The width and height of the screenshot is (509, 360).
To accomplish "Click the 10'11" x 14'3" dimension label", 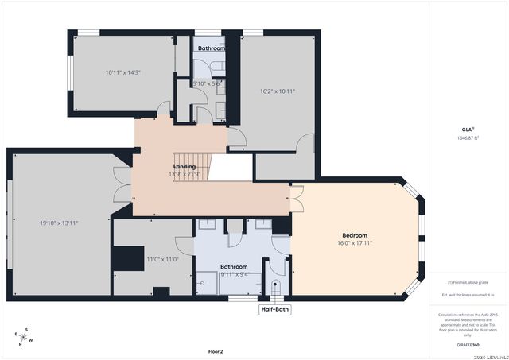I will (x=122, y=72).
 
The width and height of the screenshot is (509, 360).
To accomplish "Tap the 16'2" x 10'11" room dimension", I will (x=277, y=91).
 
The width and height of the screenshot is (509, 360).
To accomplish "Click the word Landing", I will (x=185, y=166).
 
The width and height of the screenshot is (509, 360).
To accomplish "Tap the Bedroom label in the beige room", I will (x=355, y=235).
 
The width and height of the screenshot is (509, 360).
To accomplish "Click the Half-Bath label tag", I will (x=276, y=309).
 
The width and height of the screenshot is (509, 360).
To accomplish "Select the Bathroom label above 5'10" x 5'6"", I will (x=212, y=48).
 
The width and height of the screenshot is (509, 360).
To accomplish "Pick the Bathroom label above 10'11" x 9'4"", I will (x=234, y=266).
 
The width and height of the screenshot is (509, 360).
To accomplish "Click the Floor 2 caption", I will (x=216, y=350).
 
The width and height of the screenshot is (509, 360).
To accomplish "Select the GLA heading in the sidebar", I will (x=467, y=129).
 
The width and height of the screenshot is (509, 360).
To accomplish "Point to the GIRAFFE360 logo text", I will (x=468, y=345).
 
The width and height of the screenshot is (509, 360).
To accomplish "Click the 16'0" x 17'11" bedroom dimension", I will (x=355, y=243).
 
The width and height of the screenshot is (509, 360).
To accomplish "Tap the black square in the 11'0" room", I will (x=123, y=259).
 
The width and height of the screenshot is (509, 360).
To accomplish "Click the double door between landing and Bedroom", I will (x=297, y=198).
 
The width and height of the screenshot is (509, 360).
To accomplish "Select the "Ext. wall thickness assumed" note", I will (x=468, y=295).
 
